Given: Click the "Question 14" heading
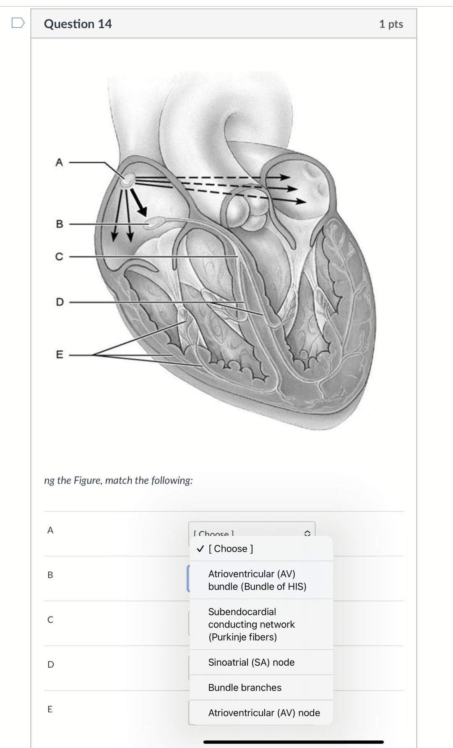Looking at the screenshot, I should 78,24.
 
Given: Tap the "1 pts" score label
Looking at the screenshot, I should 391,24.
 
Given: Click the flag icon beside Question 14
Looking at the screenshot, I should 18,23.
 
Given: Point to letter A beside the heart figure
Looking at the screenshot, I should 59,162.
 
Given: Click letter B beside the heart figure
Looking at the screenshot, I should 59,224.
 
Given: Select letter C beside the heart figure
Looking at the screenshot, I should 59,256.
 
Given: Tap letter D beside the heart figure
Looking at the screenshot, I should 60,302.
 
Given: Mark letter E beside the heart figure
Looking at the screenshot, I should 60,354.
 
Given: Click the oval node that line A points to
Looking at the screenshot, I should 127,181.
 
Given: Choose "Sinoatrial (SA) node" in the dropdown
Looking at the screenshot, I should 251,662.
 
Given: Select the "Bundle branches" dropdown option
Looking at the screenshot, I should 245,688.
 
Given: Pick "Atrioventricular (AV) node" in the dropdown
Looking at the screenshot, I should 264,713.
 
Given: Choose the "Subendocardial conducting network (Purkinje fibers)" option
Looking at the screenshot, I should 251,624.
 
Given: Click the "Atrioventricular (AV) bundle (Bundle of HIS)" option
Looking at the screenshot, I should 257,580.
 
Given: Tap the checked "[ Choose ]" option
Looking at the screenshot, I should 230,549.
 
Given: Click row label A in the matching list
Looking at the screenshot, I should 50,530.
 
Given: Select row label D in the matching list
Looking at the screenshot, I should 51,664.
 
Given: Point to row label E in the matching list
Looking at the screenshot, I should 50,709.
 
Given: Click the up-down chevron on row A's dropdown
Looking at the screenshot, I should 307,533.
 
